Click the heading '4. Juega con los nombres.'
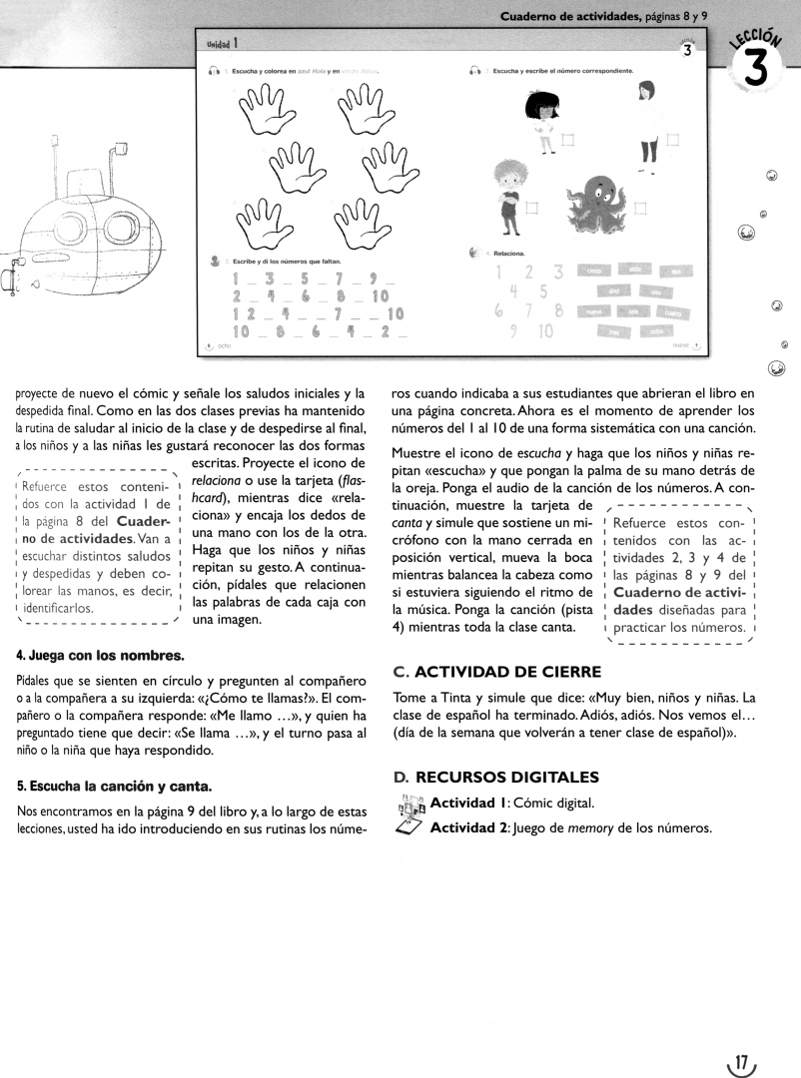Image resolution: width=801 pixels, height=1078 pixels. tap(100, 656)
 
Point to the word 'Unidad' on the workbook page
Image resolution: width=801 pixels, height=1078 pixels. tap(219, 44)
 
